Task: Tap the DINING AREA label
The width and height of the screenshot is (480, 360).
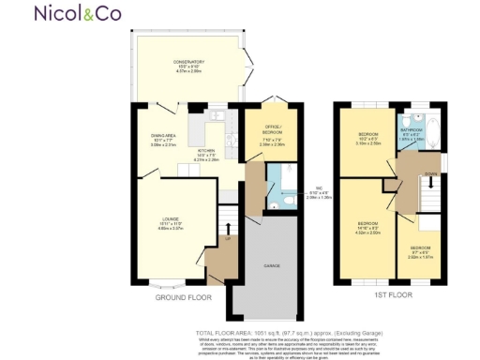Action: click(163, 140)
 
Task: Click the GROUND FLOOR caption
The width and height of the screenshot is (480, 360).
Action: click(184, 297)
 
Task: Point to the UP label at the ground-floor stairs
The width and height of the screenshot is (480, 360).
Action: click(226, 240)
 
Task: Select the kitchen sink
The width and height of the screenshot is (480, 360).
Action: click(214, 116)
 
